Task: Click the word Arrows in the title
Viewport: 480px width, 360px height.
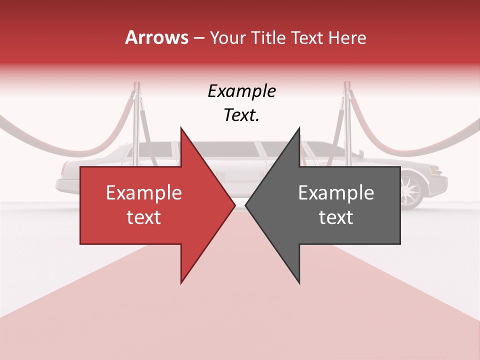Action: [156, 37]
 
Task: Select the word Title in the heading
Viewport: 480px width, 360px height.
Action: [269, 37]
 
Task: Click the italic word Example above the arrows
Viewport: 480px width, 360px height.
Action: [241, 91]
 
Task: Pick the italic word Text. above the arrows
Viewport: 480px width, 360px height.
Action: [241, 115]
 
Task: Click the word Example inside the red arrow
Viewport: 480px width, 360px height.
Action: [143, 192]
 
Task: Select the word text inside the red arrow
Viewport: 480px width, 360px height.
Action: [143, 217]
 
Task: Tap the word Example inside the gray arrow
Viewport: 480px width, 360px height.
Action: [336, 192]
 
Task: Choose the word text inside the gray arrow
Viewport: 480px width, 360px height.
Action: [336, 217]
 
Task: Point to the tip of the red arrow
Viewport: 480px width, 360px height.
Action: [234, 205]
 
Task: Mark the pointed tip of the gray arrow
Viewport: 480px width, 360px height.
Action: [246, 205]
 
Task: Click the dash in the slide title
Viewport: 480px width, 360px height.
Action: [198, 38]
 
